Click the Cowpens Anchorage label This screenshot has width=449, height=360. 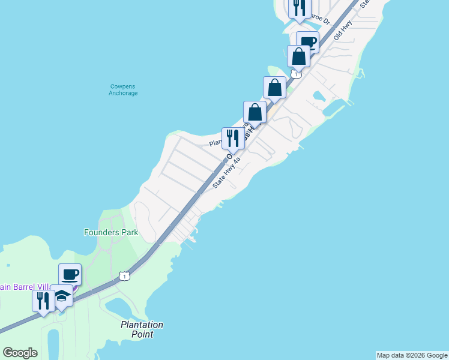click(123, 89)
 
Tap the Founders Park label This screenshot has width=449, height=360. click(111, 232)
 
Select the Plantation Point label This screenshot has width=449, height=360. click(142, 329)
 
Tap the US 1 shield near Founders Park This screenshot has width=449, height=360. click(124, 275)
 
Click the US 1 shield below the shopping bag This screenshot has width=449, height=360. click(296, 74)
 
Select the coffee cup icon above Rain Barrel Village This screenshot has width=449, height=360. click(70, 274)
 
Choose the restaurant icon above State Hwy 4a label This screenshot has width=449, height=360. click(233, 138)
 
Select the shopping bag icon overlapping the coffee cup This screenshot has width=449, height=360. click(298, 56)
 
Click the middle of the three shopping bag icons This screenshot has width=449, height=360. click(274, 87)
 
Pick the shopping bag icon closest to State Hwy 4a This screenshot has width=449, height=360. click(255, 112)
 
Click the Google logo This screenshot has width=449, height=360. click(20, 353)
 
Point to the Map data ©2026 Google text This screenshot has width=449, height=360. click(412, 355)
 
